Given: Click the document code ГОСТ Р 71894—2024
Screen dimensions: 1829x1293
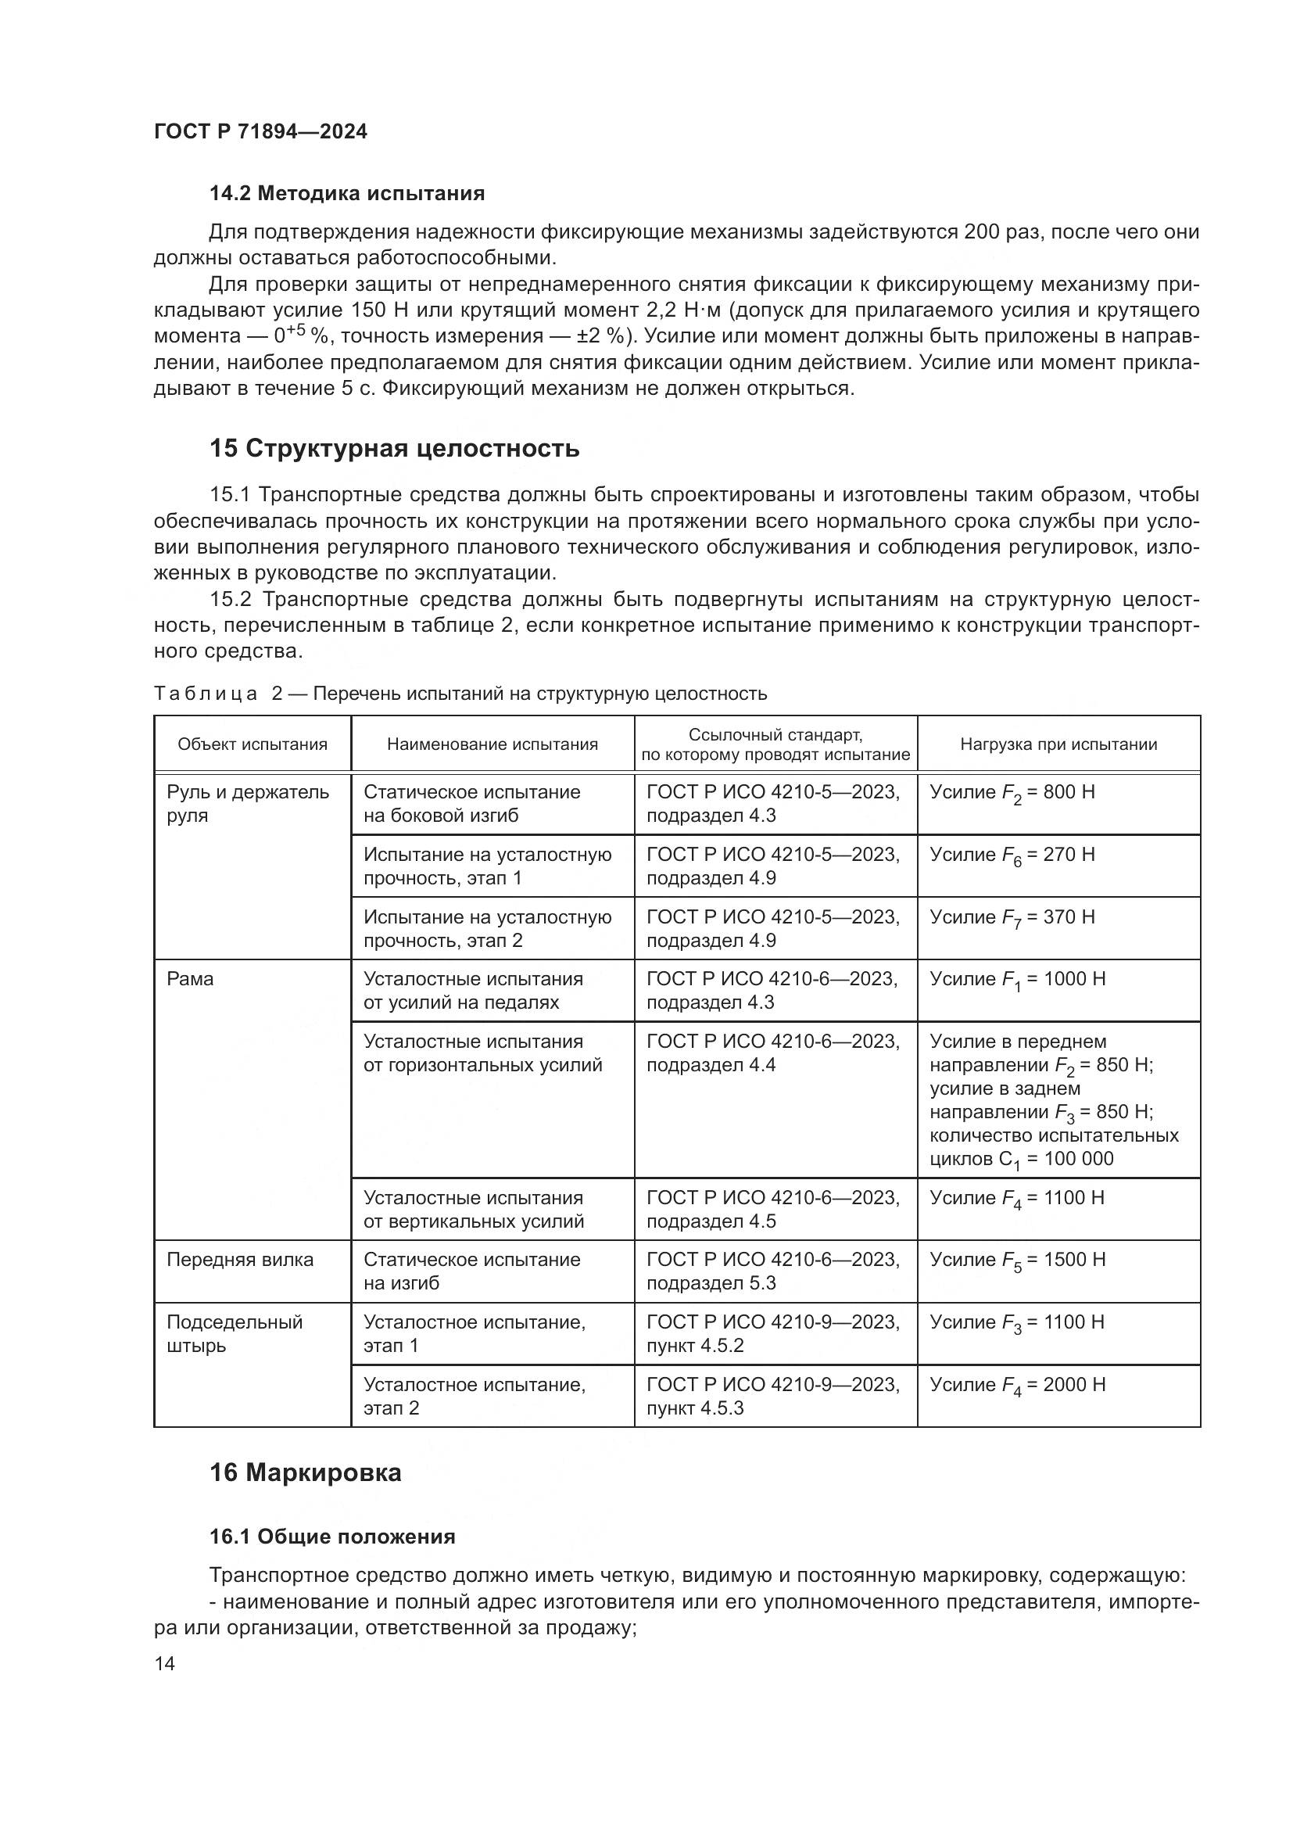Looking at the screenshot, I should click(x=260, y=132).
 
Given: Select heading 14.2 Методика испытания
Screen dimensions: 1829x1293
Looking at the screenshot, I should click(x=346, y=194).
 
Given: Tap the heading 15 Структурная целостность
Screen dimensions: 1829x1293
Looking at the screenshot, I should click(x=394, y=449).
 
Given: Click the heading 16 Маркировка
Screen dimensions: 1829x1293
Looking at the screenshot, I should click(x=305, y=1472).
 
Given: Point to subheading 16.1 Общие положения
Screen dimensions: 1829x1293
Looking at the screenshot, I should click(x=332, y=1537).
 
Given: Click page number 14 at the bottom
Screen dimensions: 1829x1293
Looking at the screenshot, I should click(x=165, y=1663).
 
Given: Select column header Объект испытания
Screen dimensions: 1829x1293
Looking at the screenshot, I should click(x=253, y=744).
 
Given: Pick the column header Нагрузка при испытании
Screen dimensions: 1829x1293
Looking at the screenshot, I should click(x=1058, y=744).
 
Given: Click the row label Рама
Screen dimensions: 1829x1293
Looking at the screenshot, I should click(x=190, y=979).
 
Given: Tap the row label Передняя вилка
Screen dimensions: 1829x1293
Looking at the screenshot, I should click(x=240, y=1260).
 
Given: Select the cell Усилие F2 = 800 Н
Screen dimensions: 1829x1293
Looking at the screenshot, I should click(x=1012, y=794).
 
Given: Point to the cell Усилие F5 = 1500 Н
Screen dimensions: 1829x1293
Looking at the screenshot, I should click(x=1018, y=1261).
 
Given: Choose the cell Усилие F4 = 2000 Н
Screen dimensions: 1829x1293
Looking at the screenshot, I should click(x=1018, y=1386).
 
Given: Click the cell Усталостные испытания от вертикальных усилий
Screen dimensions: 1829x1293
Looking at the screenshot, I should click(x=474, y=1209).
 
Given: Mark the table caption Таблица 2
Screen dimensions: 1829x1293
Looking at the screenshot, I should click(x=206, y=694).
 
